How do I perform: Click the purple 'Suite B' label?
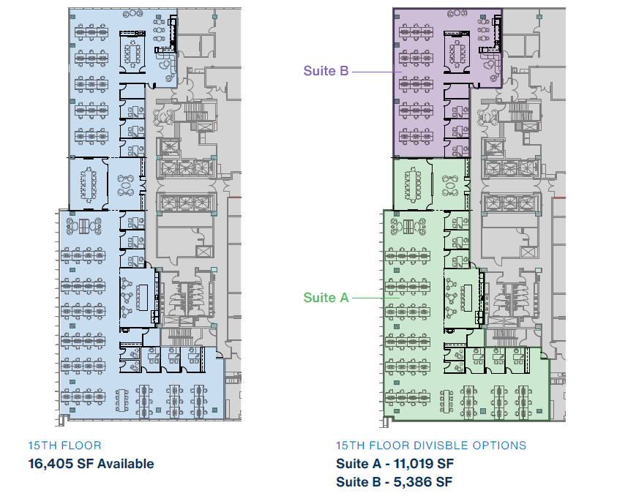(326, 71)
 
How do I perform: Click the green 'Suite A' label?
(326, 297)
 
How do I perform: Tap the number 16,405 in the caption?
(49, 463)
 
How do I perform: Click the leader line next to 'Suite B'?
(373, 72)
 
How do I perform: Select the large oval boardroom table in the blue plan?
(88, 183)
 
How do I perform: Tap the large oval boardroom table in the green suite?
(412, 184)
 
